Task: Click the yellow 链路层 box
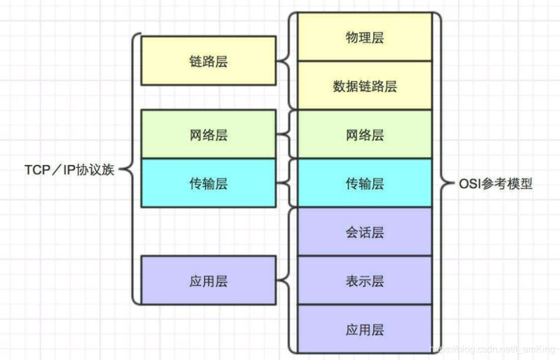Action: click(x=208, y=61)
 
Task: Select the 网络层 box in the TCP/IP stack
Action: click(x=208, y=135)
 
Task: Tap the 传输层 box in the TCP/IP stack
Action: click(x=208, y=183)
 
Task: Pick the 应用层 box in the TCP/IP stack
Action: click(x=208, y=280)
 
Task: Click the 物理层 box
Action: click(x=364, y=37)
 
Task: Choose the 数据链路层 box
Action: click(x=364, y=85)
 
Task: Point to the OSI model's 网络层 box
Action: click(x=364, y=135)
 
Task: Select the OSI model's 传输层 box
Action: click(x=364, y=183)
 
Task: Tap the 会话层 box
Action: click(x=364, y=232)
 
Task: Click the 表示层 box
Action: click(x=364, y=280)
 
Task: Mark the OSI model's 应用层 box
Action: click(x=364, y=328)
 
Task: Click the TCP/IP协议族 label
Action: click(x=69, y=170)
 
